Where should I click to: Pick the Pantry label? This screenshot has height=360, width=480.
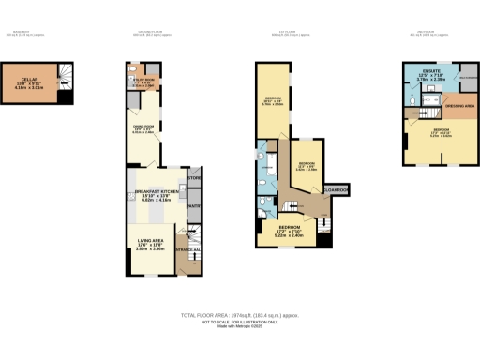click(x=194, y=207)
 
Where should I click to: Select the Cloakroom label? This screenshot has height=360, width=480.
click(x=336, y=191)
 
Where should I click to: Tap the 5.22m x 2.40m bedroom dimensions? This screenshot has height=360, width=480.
click(x=288, y=235)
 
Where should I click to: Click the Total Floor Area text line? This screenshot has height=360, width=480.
click(x=240, y=315)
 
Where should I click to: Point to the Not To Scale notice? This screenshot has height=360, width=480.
click(x=240, y=322)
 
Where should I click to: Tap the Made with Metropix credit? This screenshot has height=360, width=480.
click(x=240, y=327)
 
